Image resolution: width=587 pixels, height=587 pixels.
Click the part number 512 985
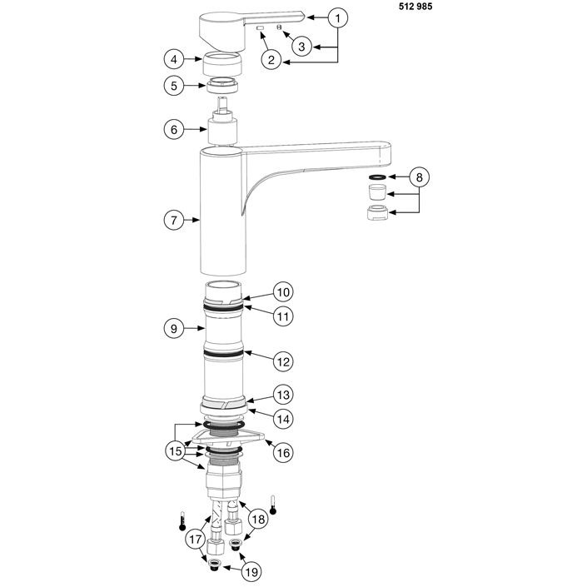(415, 7)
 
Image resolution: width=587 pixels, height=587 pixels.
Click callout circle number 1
(338, 17)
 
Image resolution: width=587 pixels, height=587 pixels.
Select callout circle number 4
(174, 59)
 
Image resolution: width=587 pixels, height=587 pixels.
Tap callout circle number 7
(174, 220)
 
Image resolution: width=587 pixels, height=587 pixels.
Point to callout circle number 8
(419, 177)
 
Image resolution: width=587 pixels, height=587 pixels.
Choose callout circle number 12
(283, 361)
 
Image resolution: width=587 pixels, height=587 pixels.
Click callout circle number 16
(283, 453)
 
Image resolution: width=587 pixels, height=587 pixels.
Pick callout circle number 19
(251, 572)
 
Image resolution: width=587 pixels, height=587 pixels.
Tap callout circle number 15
(175, 451)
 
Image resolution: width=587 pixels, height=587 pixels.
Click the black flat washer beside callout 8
(378, 177)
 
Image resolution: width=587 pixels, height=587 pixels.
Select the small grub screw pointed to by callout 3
(279, 27)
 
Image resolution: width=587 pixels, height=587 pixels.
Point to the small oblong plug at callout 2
(261, 27)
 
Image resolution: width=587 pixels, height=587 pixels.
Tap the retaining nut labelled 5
(223, 86)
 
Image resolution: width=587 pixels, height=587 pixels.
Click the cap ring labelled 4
(223, 63)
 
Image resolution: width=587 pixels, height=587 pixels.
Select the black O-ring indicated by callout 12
(224, 354)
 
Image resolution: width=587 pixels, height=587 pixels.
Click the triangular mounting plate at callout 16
(227, 437)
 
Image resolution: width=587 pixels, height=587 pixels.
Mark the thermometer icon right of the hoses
(273, 505)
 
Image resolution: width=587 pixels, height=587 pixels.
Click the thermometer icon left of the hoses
(182, 521)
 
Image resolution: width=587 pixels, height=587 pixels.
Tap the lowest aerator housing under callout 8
(378, 213)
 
